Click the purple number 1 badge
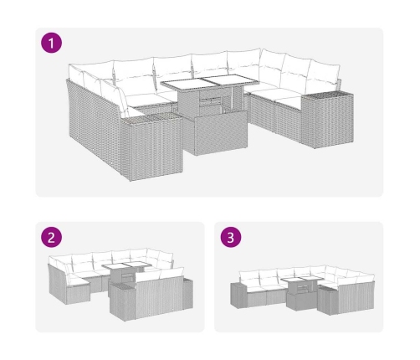coord(51,43)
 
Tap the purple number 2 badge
coord(51,237)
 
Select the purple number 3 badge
coord(231,237)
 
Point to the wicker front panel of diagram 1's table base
coord(221,132)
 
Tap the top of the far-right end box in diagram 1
coord(328,95)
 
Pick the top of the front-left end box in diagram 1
coord(151,118)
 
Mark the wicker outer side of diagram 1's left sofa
coord(95,126)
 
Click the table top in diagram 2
coord(127,265)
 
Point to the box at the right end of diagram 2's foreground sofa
coord(187,294)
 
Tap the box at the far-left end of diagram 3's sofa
coord(238,296)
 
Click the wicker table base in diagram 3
coord(301,300)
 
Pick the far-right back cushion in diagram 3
coord(366,278)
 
